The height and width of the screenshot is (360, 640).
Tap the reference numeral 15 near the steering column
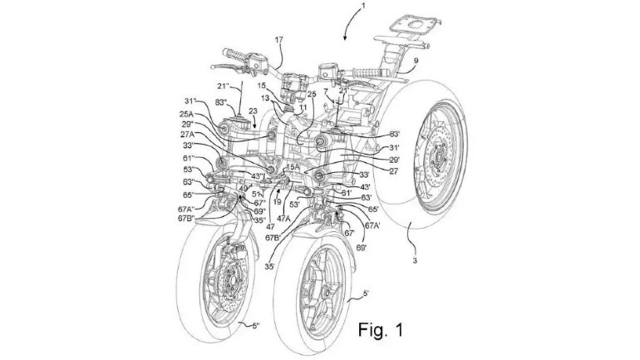click(x=259, y=85)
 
